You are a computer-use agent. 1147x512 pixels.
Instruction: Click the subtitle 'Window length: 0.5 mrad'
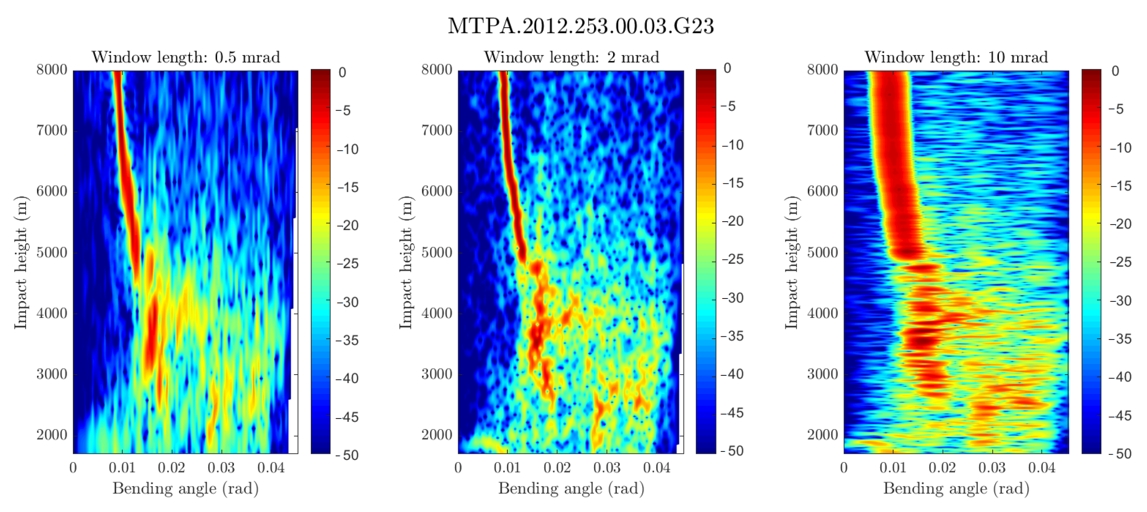186,57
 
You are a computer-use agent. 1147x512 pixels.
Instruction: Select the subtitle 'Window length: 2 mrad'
571,57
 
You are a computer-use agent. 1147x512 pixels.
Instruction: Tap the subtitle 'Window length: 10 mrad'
956,57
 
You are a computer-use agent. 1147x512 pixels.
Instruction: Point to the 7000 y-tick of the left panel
52,131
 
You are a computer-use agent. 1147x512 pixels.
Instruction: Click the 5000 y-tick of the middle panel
437,253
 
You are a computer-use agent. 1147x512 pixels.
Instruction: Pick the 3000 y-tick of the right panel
822,374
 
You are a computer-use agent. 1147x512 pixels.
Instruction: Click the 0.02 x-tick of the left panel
171,468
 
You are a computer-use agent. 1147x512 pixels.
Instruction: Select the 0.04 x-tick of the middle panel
656,468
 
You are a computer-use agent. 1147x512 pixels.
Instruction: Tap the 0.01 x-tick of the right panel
893,468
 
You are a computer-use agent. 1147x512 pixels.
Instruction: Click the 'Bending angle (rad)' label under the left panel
186,488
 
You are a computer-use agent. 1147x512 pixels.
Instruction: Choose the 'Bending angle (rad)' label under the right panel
956,488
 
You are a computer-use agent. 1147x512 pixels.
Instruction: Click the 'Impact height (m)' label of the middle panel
406,263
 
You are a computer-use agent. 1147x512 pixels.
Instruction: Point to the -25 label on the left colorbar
347,264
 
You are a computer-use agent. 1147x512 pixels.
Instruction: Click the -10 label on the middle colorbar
732,145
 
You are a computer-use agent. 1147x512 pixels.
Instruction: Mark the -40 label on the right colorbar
1120,377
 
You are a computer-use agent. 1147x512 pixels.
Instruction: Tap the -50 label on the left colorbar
347,455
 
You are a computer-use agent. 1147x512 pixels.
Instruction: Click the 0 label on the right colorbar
1115,71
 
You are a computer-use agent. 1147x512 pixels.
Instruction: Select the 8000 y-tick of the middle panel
437,70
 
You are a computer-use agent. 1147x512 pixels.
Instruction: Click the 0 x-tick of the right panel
844,468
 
